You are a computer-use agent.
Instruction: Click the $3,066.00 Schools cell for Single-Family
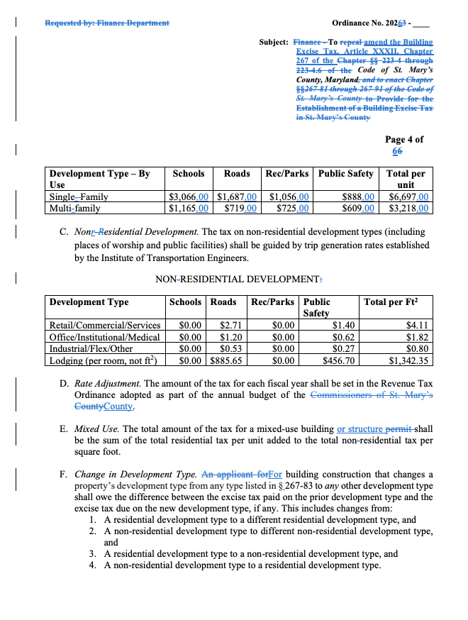click(189, 197)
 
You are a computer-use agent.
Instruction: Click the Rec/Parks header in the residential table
click(286, 174)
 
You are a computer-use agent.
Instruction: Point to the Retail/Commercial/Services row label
click(104, 326)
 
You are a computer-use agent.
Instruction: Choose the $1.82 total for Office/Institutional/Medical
click(416, 338)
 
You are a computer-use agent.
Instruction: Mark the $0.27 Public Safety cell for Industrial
click(343, 349)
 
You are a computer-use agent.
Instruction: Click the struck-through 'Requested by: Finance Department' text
click(106, 23)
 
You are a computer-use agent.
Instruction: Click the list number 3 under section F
click(92, 554)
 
